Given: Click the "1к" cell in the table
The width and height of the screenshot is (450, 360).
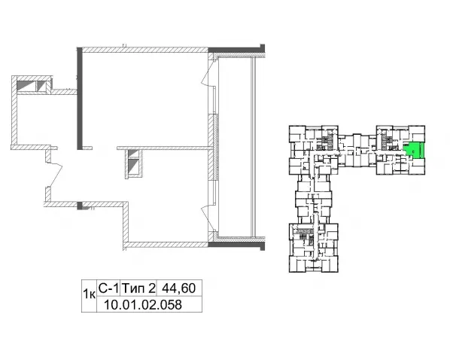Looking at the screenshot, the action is tap(89, 296).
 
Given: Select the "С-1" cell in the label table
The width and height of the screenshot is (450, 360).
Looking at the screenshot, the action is tap(108, 288).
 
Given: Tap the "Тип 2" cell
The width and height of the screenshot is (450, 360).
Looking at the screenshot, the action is tap(138, 288).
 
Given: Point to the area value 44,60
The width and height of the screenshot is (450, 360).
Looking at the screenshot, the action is tap(179, 288).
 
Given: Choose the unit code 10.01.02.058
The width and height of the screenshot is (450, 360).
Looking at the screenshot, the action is tap(143, 304).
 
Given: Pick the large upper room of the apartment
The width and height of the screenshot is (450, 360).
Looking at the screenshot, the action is tap(145, 99).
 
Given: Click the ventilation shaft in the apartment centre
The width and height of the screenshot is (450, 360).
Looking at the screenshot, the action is tap(134, 163).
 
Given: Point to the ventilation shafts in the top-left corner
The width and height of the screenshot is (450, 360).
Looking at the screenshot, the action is tap(32, 86).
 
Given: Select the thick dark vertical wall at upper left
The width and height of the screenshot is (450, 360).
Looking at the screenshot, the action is tap(80, 99).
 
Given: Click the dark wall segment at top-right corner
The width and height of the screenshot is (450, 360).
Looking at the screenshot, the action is tap(236, 49).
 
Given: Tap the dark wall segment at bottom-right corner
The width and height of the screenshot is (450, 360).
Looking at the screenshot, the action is tap(236, 245).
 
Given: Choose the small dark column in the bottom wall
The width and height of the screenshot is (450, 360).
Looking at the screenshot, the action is tap(80, 206).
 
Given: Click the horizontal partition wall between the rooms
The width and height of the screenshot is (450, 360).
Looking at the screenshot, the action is tap(163, 148).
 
